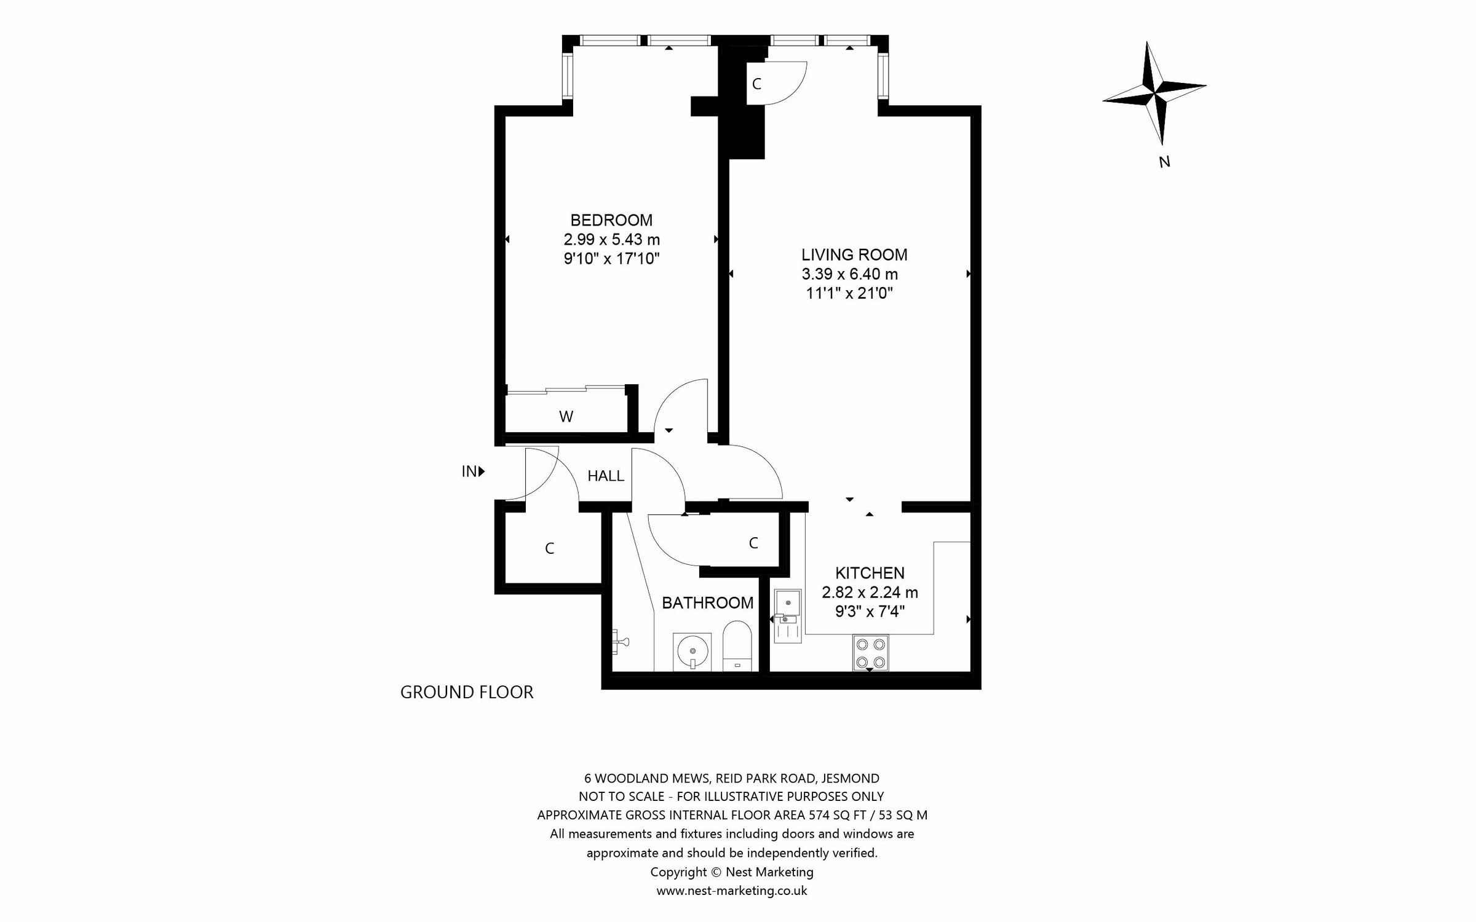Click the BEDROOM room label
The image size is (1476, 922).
611,220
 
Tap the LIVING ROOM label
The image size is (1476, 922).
854,254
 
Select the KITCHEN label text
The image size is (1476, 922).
870,573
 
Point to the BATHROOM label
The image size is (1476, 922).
707,603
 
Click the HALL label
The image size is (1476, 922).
606,476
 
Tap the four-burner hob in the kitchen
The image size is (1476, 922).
870,653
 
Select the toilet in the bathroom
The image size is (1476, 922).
737,645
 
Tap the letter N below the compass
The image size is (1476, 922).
1164,162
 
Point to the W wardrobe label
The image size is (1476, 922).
566,417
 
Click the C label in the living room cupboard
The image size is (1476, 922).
756,84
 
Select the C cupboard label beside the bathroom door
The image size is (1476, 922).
753,543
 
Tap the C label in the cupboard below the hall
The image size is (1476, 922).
550,548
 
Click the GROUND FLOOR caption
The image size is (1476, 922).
467,693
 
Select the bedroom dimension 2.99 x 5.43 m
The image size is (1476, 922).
611,239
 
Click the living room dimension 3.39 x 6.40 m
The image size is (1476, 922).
849,274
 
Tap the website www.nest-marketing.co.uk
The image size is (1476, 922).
732,891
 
